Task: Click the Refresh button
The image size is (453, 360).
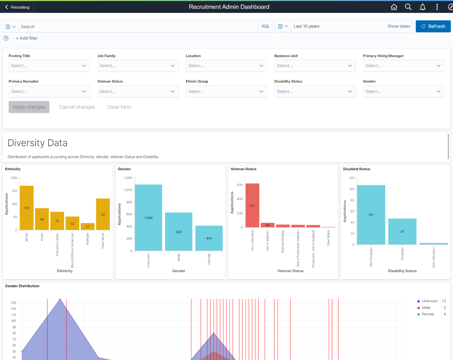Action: [433, 27]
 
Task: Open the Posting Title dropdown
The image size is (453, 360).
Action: [49, 66]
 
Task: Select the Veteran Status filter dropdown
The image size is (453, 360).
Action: [138, 92]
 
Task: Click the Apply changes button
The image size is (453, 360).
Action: [29, 107]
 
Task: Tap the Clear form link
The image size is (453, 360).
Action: [119, 107]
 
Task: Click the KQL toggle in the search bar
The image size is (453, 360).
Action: [266, 27]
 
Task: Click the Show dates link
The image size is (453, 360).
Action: [399, 27]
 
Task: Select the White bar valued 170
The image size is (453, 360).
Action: [27, 208]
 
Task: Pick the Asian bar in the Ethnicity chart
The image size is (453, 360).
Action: [42, 219]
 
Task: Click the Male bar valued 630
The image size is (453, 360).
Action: [179, 232]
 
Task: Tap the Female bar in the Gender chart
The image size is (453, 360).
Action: [209, 238]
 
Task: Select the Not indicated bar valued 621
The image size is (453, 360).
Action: [252, 205]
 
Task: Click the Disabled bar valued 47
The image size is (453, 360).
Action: [402, 231]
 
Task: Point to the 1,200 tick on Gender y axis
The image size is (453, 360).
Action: [128, 178]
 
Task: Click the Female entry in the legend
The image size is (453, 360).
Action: [428, 314]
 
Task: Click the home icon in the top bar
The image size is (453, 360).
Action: [394, 7]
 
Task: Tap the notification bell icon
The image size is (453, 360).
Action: [422, 7]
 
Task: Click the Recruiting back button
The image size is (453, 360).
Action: [17, 7]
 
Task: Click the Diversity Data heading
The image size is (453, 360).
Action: [37, 143]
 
